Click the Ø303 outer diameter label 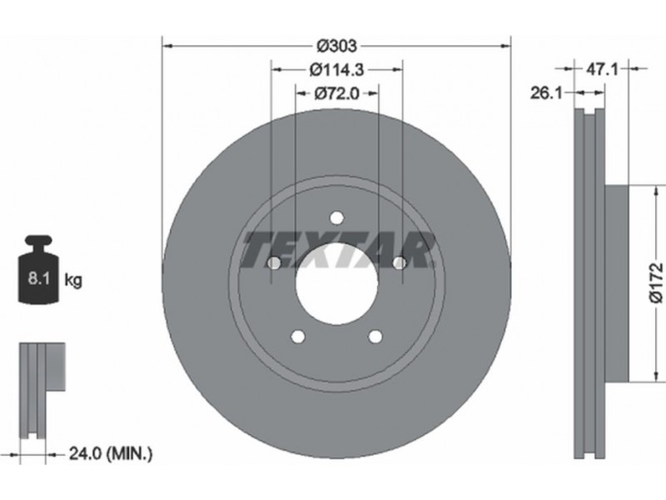[x=337, y=45]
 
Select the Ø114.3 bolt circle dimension [x=337, y=69]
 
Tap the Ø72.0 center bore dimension [x=337, y=92]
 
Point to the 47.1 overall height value [x=602, y=68]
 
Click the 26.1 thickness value [x=546, y=92]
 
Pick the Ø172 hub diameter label [x=656, y=282]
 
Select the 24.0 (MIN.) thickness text [x=111, y=454]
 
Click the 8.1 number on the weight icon [x=39, y=279]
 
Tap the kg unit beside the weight [x=73, y=280]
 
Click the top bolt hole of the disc [x=337, y=218]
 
